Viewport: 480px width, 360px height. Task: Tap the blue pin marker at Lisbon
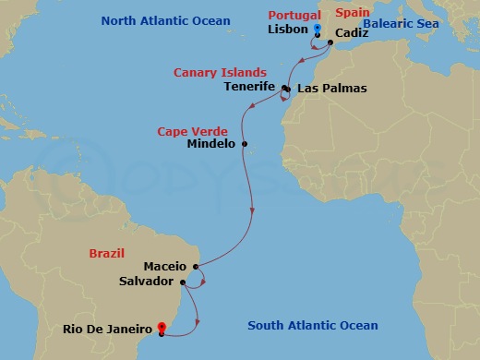click(317, 30)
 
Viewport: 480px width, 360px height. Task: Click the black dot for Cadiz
click(330, 42)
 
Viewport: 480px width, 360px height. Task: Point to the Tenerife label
click(250, 87)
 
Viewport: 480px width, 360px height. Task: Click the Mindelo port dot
click(245, 143)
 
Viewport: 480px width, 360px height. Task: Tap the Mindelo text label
click(211, 144)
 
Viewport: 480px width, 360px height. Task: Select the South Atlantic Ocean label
click(313, 325)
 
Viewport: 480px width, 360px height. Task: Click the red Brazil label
click(107, 252)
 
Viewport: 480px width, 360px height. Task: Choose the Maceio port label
click(166, 267)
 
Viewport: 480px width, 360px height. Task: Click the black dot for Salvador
click(183, 282)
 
